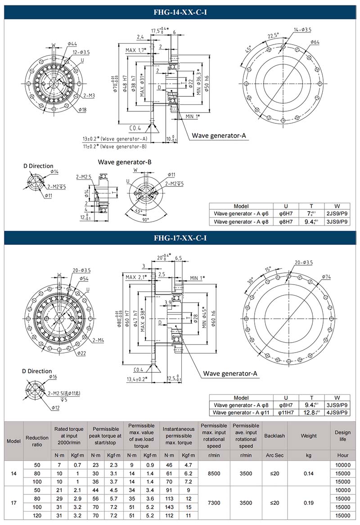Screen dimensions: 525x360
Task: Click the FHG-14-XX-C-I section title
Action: click(x=180, y=13)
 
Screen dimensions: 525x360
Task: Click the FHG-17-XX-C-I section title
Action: click(x=180, y=238)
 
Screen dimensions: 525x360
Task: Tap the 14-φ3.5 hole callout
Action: click(x=302, y=30)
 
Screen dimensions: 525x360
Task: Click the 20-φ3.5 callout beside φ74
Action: click(x=304, y=262)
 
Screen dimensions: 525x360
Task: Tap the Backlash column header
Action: click(x=274, y=436)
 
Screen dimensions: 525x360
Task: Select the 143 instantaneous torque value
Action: click(x=171, y=507)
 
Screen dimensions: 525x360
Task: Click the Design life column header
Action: click(x=342, y=436)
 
